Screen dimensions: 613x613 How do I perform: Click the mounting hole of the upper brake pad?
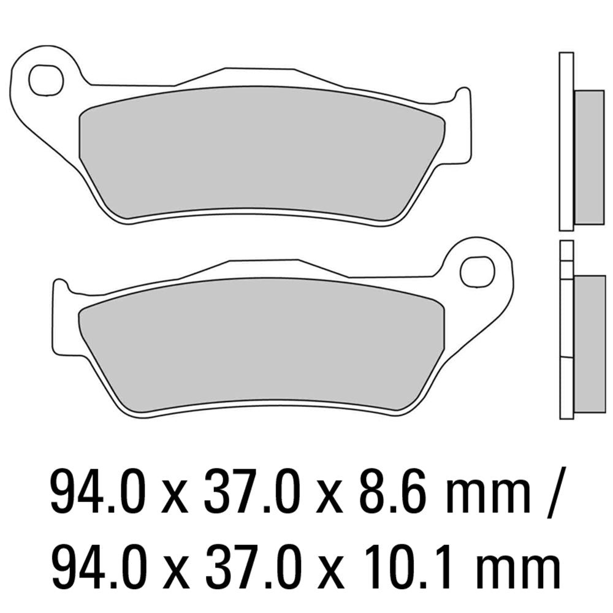pos(46,80)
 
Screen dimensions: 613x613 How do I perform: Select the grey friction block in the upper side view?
pos(589,157)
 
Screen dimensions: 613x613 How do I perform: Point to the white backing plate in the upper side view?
pos(566,141)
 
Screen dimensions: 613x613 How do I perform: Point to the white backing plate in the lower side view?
pos(566,343)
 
